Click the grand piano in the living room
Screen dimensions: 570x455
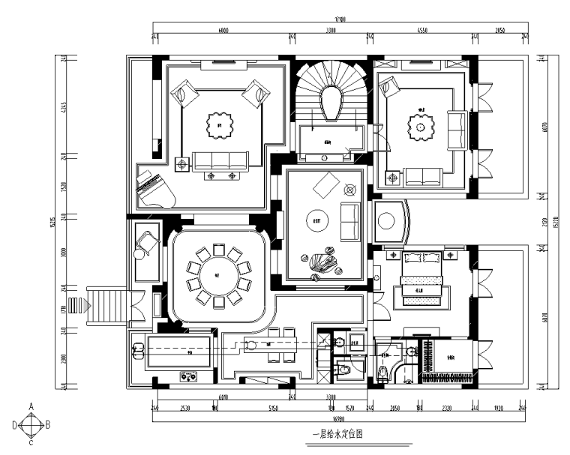click(x=155, y=187)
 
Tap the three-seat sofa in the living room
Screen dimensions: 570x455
click(x=220, y=160)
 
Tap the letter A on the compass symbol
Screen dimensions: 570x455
click(x=31, y=406)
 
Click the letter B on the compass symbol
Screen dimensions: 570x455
click(x=48, y=424)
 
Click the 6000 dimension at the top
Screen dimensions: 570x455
click(x=223, y=31)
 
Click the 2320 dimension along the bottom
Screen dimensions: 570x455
click(x=448, y=409)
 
